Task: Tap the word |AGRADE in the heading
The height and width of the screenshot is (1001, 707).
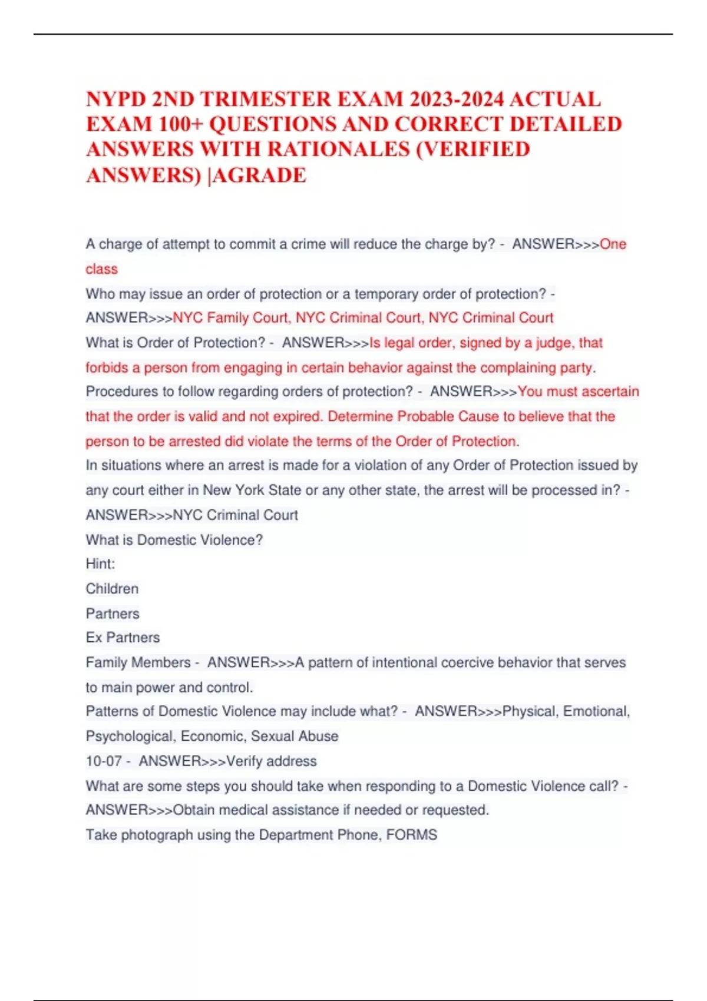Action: pos(257,175)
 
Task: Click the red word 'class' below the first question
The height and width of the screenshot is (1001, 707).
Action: pos(101,269)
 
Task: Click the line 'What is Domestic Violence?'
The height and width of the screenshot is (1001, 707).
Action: pos(174,540)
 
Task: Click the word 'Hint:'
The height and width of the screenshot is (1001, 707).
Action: pos(100,564)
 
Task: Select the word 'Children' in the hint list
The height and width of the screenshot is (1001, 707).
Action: pos(112,589)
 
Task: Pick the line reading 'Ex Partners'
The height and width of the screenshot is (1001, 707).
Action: pos(123,638)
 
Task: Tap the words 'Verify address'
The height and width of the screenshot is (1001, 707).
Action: pos(272,761)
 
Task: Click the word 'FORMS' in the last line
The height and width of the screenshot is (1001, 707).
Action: pos(411,835)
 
